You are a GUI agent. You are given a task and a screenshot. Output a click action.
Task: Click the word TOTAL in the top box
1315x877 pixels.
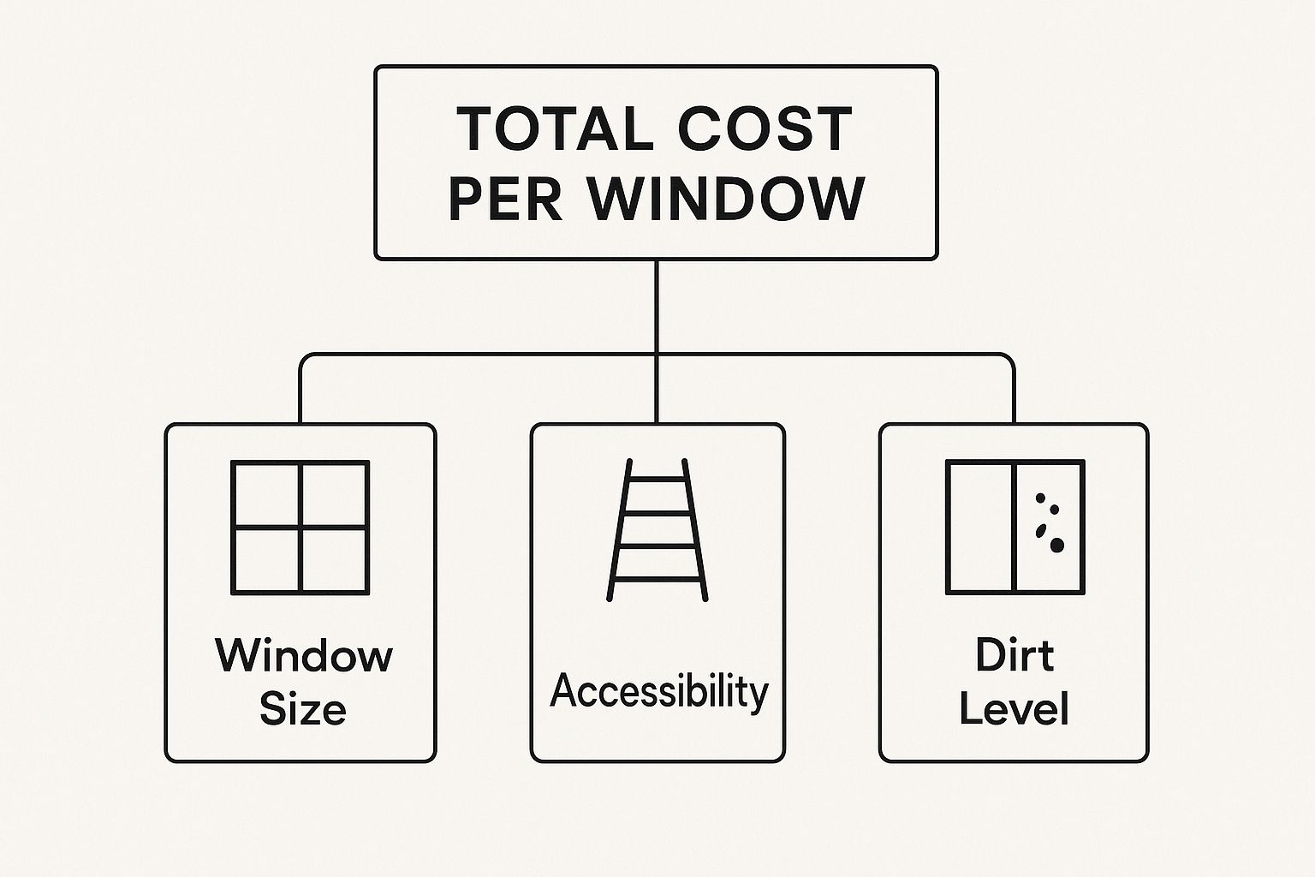tap(556, 128)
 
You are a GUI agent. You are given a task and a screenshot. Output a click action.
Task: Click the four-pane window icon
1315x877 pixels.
tap(300, 528)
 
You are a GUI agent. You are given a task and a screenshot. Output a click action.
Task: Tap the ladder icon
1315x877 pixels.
tap(657, 530)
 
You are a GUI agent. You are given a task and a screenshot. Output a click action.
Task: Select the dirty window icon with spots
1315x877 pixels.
tap(1015, 527)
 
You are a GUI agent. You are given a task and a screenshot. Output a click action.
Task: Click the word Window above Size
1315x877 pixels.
tap(304, 655)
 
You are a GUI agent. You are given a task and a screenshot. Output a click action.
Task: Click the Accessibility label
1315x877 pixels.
tap(658, 692)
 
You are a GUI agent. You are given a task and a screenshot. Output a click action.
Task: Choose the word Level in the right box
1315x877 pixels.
tap(1014, 708)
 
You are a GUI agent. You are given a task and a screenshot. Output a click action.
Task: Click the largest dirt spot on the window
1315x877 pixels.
tap(1056, 545)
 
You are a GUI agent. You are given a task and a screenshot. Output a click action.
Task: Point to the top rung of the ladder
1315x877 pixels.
tap(657, 480)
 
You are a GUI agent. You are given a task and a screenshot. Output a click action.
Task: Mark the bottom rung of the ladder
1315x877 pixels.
tap(657, 580)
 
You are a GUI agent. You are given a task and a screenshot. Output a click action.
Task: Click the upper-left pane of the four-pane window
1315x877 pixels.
tap(266, 495)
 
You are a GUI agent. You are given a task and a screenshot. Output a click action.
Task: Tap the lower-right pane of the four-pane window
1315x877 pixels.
tap(334, 560)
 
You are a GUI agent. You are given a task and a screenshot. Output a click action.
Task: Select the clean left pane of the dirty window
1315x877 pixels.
tap(980, 527)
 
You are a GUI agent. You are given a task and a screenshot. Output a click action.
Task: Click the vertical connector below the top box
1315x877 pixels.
tap(657, 341)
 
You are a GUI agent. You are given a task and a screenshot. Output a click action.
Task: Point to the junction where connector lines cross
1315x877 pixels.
tap(657, 355)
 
